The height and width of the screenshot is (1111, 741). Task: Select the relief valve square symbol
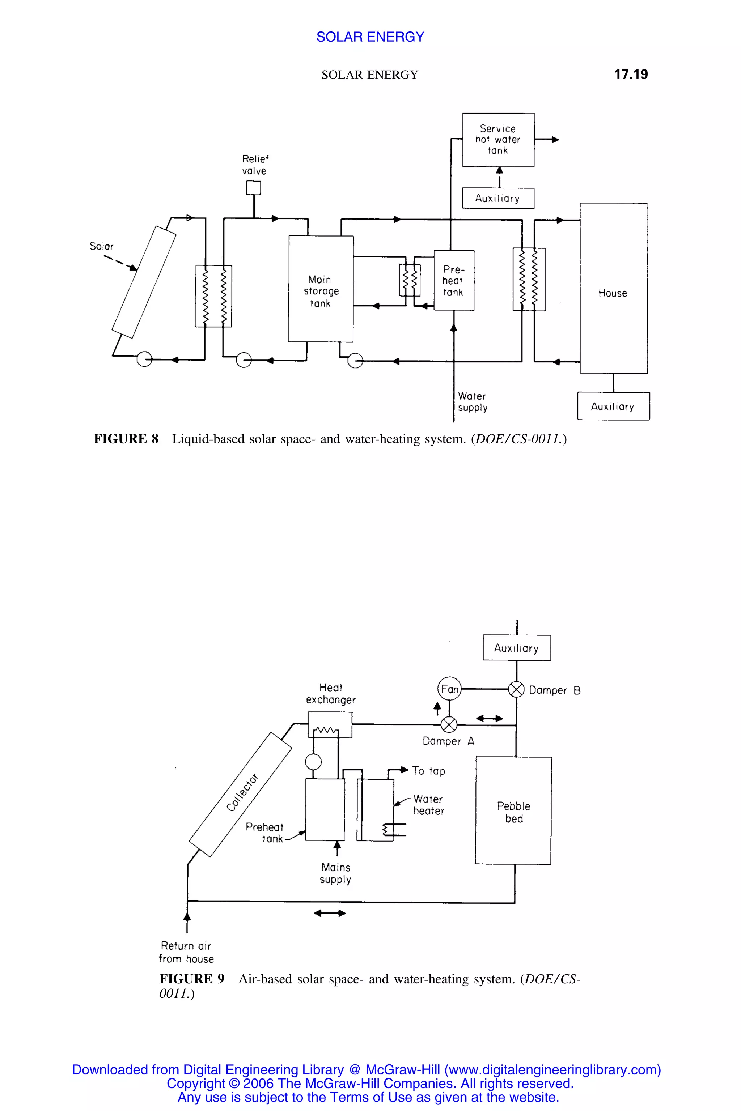pos(253,188)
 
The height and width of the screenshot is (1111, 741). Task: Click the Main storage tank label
pos(321,291)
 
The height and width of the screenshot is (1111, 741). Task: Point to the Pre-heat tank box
pos(454,281)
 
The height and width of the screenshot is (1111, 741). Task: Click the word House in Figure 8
pos(613,293)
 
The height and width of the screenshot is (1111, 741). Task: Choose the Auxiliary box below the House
pos(613,406)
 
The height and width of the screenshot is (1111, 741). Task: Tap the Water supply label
pos(472,402)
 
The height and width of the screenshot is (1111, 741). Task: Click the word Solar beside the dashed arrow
pos(102,246)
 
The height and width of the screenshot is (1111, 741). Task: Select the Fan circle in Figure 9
pos(449,689)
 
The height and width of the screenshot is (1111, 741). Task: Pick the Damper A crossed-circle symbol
pos(449,724)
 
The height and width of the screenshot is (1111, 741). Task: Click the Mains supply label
pos(335,873)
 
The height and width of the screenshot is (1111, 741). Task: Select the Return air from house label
pos(186,952)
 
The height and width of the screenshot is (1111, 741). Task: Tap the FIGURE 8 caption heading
pos(126,439)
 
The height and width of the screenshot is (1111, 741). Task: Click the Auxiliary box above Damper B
pos(517,648)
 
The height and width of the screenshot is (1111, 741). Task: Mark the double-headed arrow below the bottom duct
pos(330,913)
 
